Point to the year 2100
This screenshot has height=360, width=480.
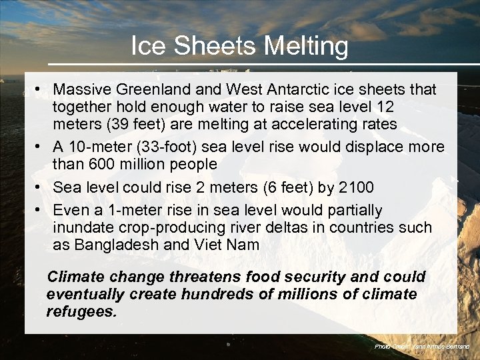click(x=357, y=187)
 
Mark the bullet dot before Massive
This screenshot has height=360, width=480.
click(x=41, y=89)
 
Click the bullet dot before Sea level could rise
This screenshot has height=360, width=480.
click(x=41, y=187)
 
